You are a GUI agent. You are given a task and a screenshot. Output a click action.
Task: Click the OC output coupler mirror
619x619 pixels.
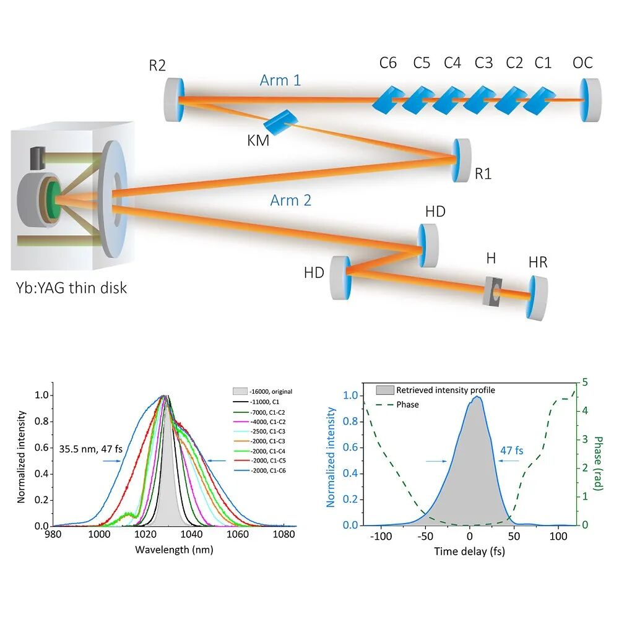[592, 100]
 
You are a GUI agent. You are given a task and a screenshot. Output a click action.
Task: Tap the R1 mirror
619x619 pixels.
[461, 160]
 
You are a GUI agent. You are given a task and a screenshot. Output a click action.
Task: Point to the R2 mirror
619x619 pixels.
[174, 100]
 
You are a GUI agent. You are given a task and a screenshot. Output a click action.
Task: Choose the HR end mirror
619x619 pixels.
[537, 298]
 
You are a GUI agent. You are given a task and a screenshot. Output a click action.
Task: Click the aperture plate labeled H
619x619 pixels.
[493, 291]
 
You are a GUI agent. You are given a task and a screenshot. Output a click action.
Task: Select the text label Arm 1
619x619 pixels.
[280, 80]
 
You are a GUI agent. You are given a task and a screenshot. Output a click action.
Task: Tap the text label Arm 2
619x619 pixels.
[290, 200]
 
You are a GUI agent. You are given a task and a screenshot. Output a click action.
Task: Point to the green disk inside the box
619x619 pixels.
[53, 199]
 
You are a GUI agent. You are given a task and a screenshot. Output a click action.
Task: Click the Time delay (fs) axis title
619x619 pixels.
[469, 551]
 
